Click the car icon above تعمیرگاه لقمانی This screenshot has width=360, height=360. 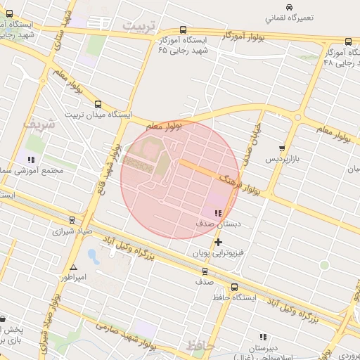[270, 7]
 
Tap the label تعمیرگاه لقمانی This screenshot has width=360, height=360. [289, 18]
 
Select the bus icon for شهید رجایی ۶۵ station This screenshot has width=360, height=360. [184, 30]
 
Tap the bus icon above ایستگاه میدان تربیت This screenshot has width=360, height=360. [97, 103]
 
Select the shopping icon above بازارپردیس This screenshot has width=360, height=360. [282, 148]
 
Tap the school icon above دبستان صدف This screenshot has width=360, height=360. [218, 213]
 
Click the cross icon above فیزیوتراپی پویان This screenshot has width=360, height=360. [218, 242]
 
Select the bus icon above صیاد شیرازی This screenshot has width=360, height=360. [71, 220]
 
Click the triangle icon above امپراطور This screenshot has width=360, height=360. [73, 267]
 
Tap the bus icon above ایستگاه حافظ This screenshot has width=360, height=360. [234, 287]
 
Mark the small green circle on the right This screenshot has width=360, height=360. [324, 265]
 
